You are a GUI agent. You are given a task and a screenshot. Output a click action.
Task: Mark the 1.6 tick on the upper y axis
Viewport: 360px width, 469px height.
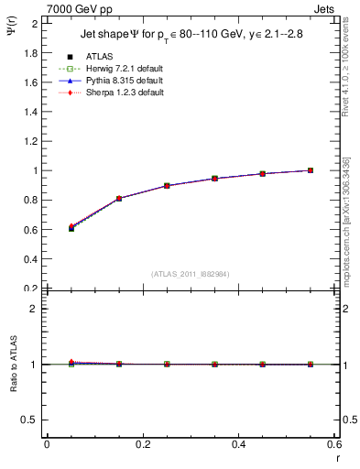(34, 82)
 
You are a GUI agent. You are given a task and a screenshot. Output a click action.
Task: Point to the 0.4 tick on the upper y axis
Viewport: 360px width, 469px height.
(34, 258)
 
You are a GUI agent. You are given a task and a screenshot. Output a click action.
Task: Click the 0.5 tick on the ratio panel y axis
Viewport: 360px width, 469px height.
(34, 420)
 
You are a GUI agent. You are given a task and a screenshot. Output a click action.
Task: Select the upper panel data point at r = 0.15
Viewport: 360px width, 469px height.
(118, 198)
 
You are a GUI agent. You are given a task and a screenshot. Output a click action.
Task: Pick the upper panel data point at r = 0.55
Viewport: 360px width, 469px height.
(311, 170)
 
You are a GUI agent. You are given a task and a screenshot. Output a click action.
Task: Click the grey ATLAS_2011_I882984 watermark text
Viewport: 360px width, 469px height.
(191, 273)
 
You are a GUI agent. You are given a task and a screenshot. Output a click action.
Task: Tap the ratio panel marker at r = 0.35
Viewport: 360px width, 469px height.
(214, 364)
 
